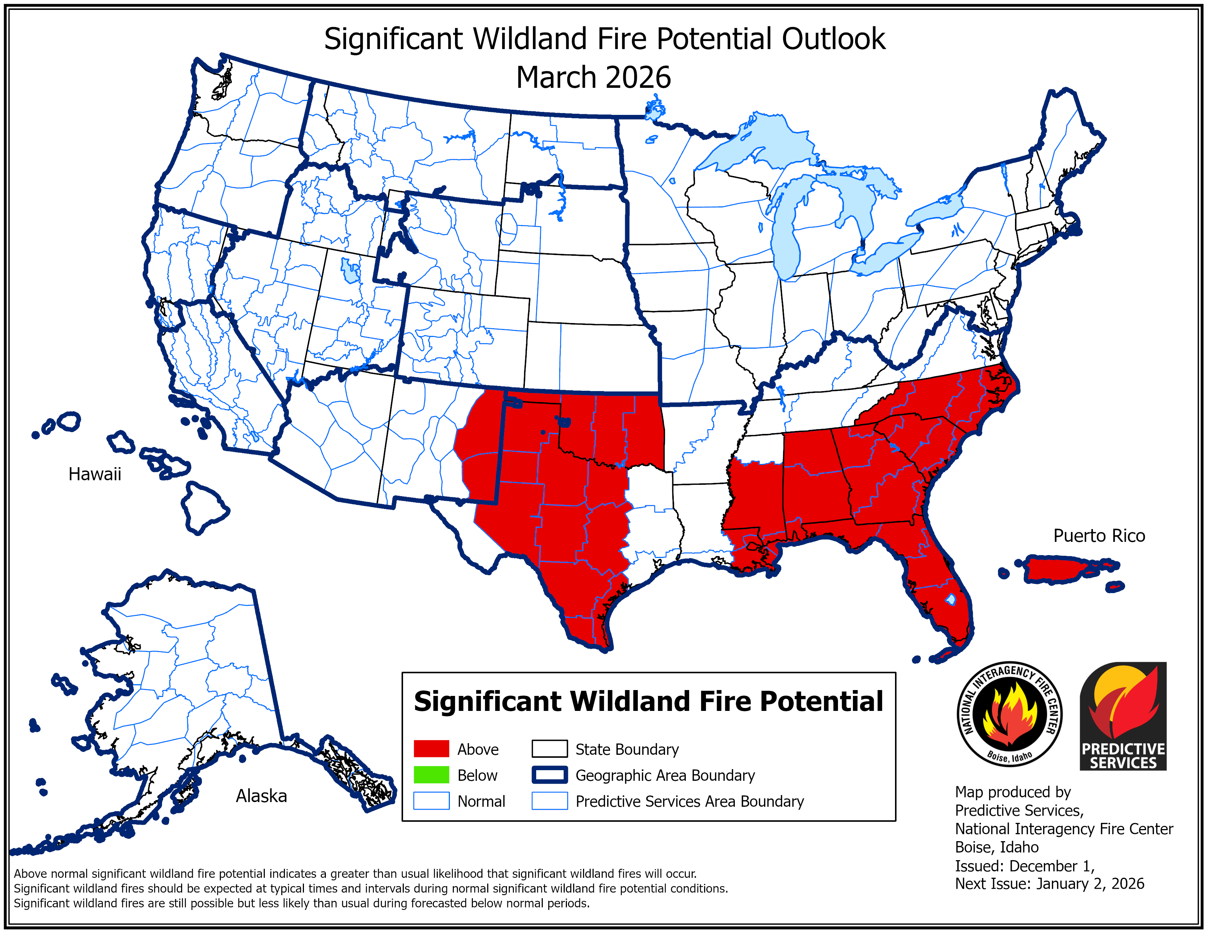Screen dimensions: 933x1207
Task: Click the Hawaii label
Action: point(94,474)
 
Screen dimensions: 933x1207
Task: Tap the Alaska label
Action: point(262,796)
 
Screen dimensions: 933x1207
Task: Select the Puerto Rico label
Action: point(1099,536)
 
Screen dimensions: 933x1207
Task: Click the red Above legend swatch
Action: point(431,749)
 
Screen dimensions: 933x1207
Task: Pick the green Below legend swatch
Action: point(431,775)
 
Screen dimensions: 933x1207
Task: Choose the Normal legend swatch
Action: point(431,801)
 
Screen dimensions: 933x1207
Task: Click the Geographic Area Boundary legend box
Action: point(549,775)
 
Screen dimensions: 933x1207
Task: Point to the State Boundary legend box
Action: point(549,749)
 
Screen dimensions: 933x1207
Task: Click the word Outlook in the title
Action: point(834,39)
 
